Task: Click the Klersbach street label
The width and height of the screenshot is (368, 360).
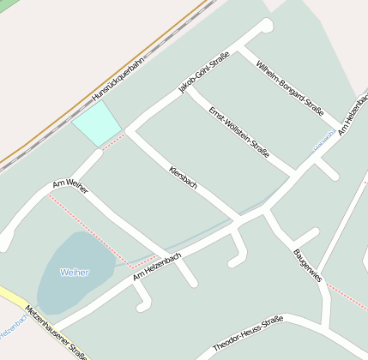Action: point(184,177)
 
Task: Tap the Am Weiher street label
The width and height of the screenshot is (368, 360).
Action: point(70,186)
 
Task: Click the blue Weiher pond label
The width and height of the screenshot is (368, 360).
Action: point(75,273)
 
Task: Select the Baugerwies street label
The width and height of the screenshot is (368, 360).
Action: point(307,265)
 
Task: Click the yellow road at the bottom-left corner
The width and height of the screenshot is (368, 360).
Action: point(10,296)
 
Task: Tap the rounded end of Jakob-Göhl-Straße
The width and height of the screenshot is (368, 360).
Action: point(265,26)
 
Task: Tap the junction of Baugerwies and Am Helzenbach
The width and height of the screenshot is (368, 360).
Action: point(266,208)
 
